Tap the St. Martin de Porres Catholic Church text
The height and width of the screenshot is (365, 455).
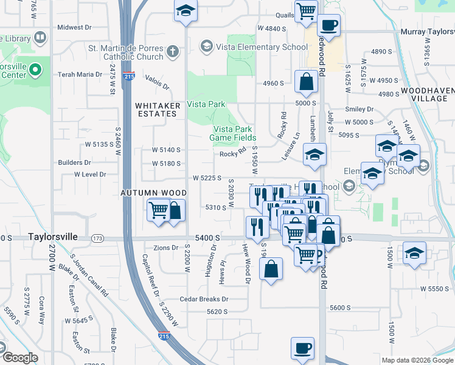pyautogui.click(x=126, y=52)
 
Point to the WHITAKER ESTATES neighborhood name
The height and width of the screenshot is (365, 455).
pyautogui.click(x=158, y=109)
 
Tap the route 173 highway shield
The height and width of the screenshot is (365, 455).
pyautogui.click(x=97, y=237)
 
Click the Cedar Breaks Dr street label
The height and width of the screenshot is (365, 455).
pyautogui.click(x=204, y=299)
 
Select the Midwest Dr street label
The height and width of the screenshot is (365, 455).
pyautogui.click(x=74, y=27)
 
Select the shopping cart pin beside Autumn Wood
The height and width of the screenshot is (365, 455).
pyautogui.click(x=158, y=210)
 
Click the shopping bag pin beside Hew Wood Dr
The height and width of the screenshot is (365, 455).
pyautogui.click(x=271, y=268)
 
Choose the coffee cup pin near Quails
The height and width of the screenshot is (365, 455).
pyautogui.click(x=329, y=26)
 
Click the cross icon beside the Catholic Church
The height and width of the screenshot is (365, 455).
pyautogui.click(x=173, y=51)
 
